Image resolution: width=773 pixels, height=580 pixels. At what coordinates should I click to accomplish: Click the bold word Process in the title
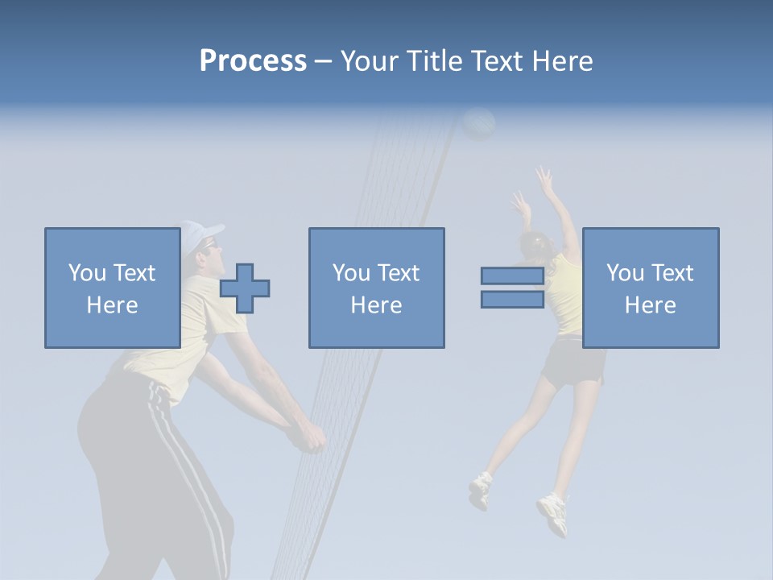click(x=253, y=61)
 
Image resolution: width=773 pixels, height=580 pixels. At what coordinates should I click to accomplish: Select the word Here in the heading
click(x=562, y=61)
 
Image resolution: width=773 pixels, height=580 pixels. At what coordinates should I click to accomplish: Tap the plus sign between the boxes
click(x=245, y=288)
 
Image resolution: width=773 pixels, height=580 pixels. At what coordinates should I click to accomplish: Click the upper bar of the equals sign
click(x=512, y=275)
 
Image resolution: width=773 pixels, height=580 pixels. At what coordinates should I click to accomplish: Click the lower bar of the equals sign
click(x=512, y=299)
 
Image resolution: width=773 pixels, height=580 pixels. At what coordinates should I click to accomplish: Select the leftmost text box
click(x=112, y=288)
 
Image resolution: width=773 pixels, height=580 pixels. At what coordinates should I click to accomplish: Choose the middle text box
click(x=376, y=288)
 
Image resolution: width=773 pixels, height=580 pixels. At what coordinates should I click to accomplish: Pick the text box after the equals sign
click(x=650, y=288)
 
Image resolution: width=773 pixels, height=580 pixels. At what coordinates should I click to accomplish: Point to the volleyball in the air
click(x=479, y=124)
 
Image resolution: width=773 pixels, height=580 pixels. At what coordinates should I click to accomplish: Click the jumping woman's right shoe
click(x=553, y=513)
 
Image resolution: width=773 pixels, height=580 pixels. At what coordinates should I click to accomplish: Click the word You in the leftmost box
click(x=87, y=273)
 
